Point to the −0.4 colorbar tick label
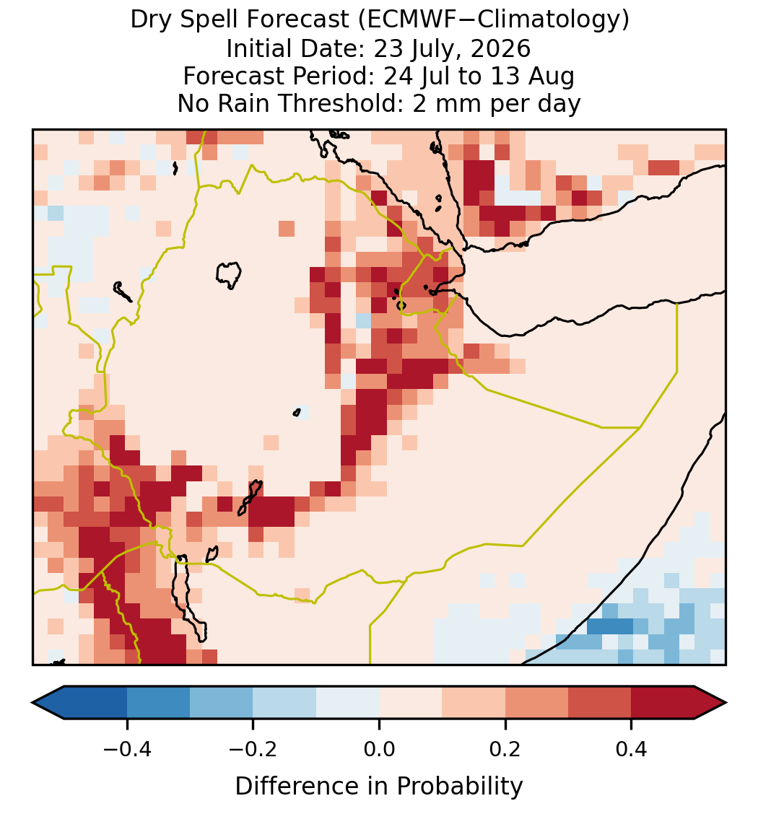pos(127,748)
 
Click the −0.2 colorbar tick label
pos(253,748)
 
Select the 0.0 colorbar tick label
pos(379,748)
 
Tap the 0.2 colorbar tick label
pos(505,748)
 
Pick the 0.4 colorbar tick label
pos(632,748)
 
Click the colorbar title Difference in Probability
pos(379,787)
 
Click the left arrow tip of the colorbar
pos(32,703)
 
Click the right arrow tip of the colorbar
pos(726,703)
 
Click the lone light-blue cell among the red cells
pos(363,320)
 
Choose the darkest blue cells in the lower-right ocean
pos(610,626)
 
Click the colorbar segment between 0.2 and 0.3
pos(536,703)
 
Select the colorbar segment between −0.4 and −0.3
pos(158,703)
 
